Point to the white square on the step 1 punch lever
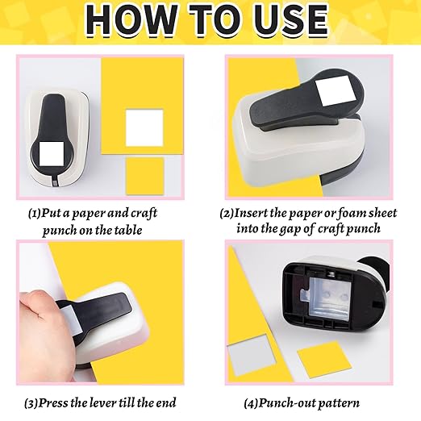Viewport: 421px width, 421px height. [x=56, y=152]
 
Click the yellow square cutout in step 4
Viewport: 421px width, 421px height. [x=323, y=357]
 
